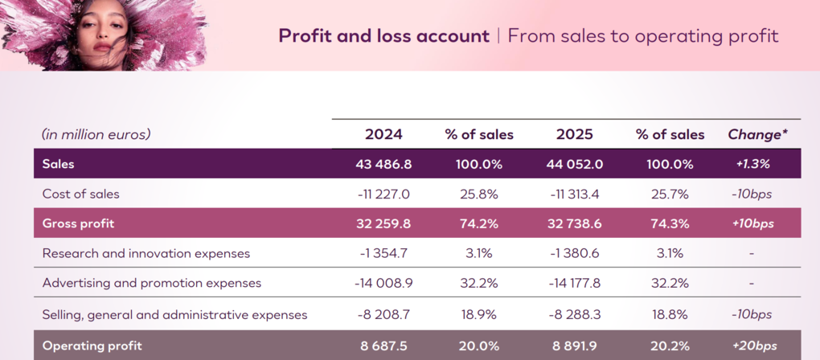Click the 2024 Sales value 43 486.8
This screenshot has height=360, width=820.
(x=383, y=164)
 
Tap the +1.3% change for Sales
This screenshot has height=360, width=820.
(x=752, y=164)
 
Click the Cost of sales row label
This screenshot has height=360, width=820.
(x=80, y=194)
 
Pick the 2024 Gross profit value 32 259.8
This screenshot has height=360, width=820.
(x=383, y=223)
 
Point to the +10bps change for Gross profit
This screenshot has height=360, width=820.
(x=752, y=223)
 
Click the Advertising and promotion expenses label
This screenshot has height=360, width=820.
(x=151, y=283)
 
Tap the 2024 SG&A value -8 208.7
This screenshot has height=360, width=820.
(x=383, y=314)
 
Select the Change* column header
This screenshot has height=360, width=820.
(x=757, y=134)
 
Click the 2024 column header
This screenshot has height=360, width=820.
(x=383, y=134)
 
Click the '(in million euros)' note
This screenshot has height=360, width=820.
(x=96, y=134)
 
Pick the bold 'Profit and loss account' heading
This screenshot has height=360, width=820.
(x=383, y=36)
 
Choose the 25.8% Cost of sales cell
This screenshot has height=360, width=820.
(x=479, y=194)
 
